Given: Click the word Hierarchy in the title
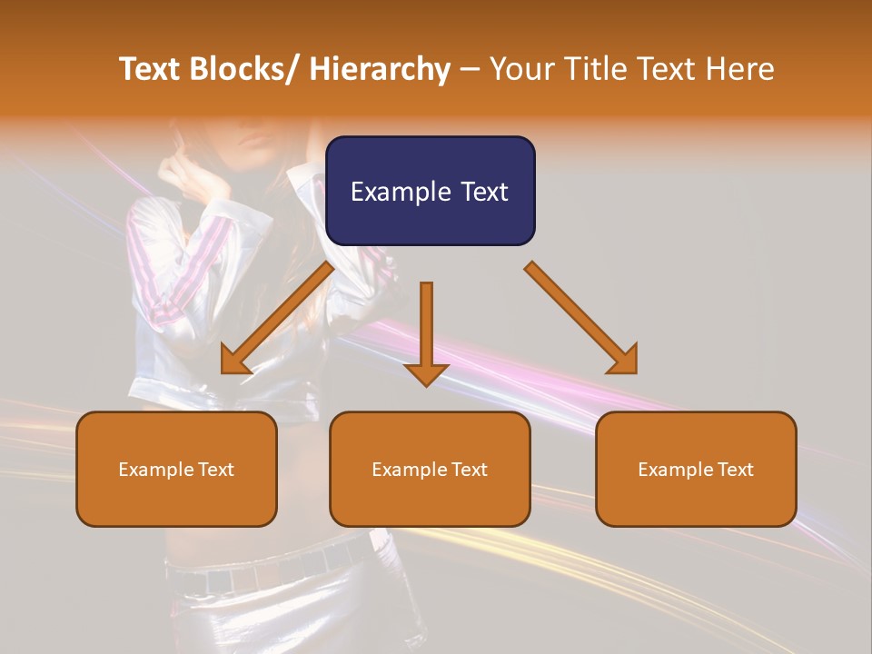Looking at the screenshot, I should click(380, 70).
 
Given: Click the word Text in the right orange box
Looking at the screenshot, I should click(734, 470).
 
